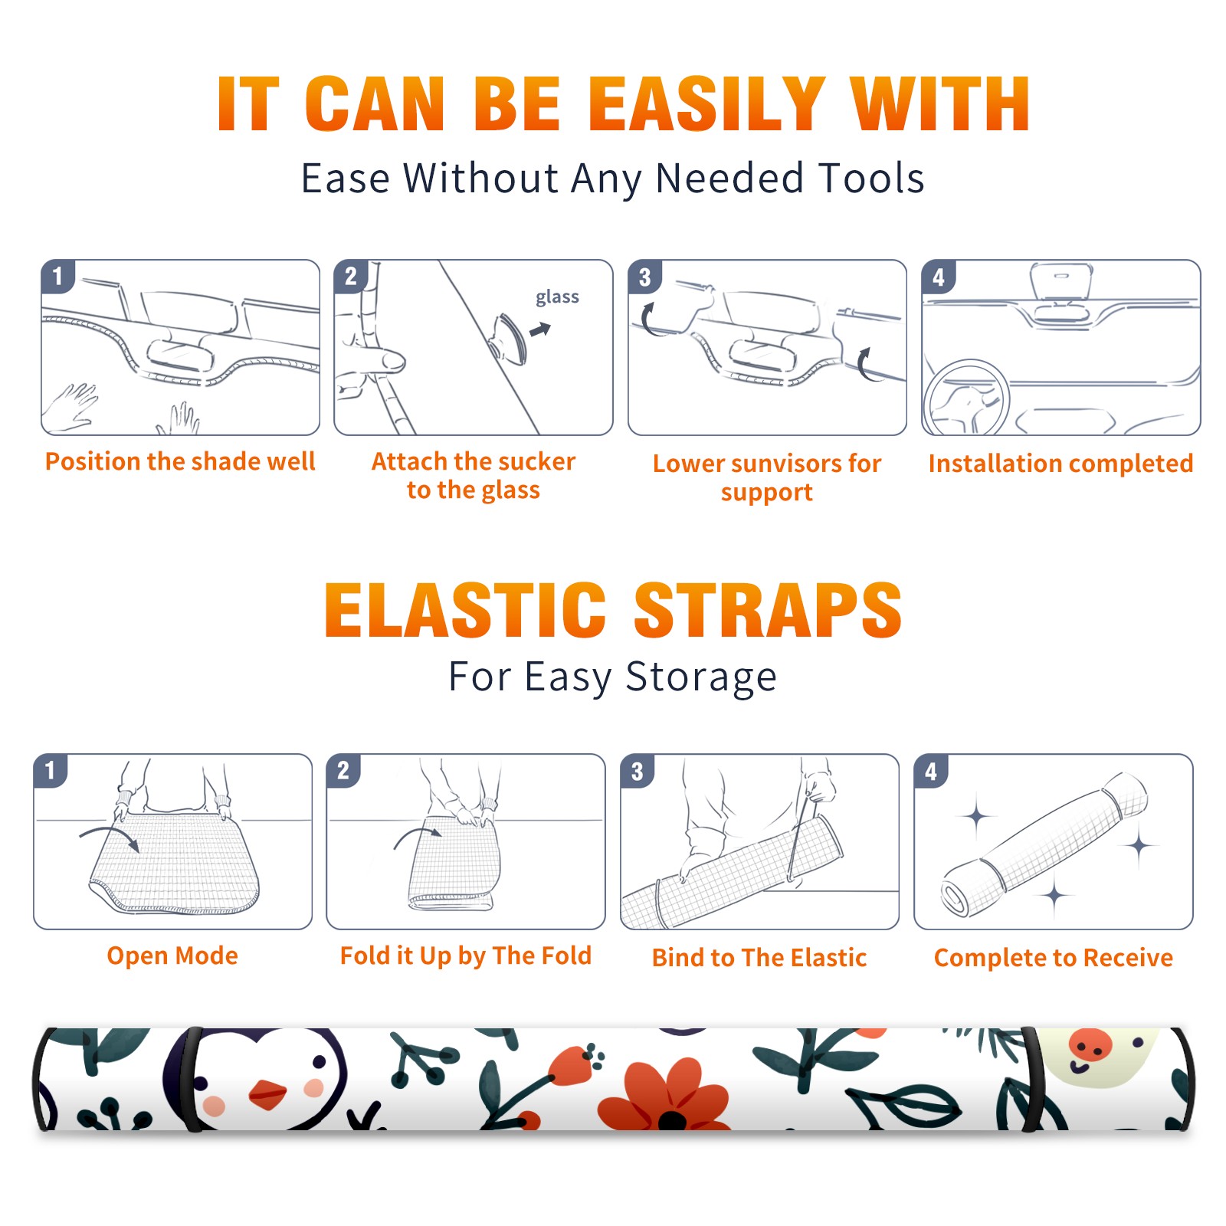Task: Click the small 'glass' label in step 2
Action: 557,297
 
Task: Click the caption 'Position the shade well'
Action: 180,461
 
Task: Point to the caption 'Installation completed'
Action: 1060,464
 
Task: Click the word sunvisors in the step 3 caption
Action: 785,464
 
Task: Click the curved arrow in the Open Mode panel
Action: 110,835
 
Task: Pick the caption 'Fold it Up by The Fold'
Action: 466,956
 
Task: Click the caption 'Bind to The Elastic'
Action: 759,958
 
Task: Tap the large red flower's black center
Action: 672,1121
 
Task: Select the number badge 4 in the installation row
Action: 939,277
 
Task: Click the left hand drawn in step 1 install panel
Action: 70,406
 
